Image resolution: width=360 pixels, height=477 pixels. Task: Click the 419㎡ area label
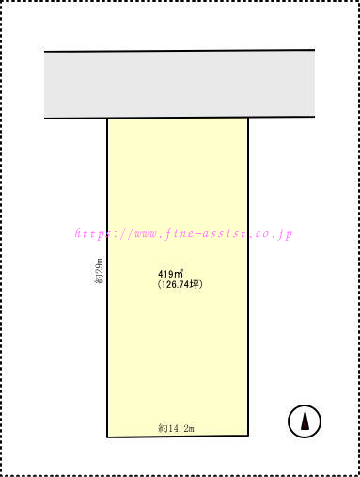(170, 274)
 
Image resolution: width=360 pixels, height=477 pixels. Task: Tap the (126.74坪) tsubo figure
(180, 284)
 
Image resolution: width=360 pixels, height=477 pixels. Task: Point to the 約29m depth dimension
(99, 271)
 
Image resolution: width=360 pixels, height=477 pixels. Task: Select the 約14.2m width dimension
(176, 428)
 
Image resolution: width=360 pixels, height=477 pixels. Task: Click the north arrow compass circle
(305, 406)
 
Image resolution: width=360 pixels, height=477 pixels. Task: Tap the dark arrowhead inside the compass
(305, 421)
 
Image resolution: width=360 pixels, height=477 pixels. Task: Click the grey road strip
(180, 84)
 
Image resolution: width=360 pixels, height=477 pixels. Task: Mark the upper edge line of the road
(180, 50)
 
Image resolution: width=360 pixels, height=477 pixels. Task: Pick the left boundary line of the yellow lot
(107, 278)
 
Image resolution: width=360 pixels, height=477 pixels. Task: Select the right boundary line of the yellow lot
(248, 277)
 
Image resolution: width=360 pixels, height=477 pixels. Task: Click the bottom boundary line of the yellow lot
(178, 437)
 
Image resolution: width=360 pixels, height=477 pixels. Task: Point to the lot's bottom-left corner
(107, 437)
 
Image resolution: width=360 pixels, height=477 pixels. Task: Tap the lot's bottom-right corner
(248, 436)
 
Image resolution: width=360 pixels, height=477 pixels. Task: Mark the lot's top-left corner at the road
(107, 119)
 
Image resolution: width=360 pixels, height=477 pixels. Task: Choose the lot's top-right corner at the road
(248, 118)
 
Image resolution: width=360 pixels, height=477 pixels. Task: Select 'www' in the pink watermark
(146, 234)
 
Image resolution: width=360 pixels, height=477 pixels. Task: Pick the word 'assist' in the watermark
(224, 233)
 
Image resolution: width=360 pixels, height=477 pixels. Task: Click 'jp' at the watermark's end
(286, 234)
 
